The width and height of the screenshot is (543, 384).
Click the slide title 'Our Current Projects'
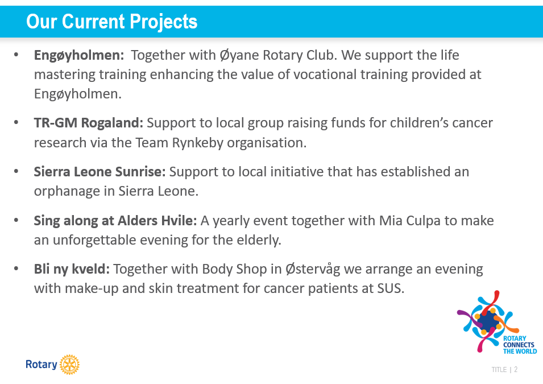(112, 22)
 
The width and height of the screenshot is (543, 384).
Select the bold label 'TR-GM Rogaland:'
(88, 123)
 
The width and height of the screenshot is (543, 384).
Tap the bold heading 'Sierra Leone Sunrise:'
(100, 172)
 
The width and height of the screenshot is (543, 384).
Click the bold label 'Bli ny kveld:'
(72, 269)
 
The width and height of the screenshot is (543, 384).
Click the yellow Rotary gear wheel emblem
(69, 365)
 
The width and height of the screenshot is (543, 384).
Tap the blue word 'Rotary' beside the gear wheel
(41, 365)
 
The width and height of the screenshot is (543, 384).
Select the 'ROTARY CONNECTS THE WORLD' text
(520, 345)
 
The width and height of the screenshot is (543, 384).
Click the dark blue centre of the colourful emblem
(487, 321)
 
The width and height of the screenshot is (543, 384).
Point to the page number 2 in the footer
(516, 370)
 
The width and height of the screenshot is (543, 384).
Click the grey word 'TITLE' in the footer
(499, 370)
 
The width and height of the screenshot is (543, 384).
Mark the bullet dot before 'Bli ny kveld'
(16, 269)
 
